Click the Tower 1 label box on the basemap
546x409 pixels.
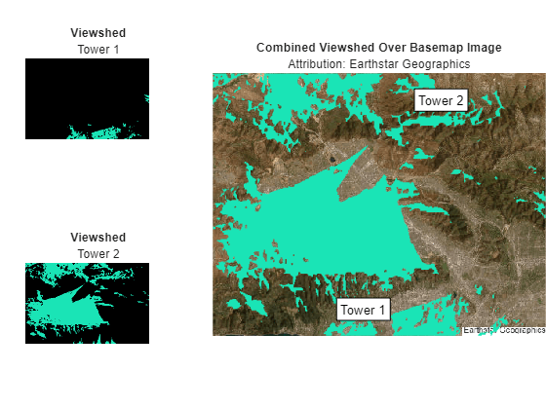(363, 310)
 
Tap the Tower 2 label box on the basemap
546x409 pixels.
(440, 100)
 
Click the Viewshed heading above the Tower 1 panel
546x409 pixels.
(97, 33)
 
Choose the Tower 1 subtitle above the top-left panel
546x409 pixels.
(97, 50)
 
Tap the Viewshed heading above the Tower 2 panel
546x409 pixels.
(97, 238)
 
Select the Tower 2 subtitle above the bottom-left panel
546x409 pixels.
(97, 254)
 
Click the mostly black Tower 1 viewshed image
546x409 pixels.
(87, 97)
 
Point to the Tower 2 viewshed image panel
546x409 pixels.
(87, 303)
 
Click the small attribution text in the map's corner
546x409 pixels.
(503, 330)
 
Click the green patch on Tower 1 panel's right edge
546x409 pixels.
(147, 97)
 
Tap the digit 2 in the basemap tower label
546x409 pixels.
(458, 100)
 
